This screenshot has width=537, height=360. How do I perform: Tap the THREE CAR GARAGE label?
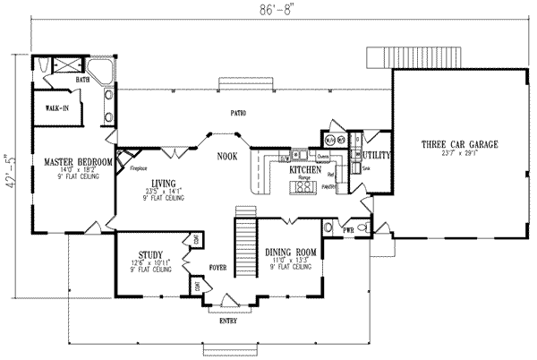click(x=460, y=144)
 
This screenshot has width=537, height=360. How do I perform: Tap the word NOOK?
click(x=227, y=157)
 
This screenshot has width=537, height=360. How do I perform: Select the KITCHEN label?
click(x=305, y=168)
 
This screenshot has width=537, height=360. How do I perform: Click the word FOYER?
click(x=219, y=267)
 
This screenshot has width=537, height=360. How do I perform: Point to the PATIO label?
click(x=237, y=114)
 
